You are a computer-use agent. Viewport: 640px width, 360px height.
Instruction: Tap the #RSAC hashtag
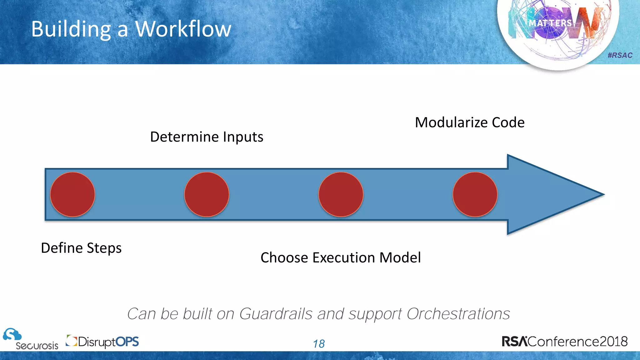click(620, 55)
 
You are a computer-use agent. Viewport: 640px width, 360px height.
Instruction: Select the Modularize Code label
click(469, 122)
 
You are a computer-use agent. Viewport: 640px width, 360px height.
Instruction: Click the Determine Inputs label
click(207, 137)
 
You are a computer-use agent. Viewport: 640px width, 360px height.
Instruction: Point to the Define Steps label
click(81, 248)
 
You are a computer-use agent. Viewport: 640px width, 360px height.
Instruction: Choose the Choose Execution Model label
click(341, 258)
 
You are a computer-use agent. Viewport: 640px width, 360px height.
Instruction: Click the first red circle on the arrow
click(72, 194)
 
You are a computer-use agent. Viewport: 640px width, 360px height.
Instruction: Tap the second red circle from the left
click(207, 194)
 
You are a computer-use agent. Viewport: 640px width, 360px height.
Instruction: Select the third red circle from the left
click(341, 194)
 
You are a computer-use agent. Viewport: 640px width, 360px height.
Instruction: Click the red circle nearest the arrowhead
click(475, 194)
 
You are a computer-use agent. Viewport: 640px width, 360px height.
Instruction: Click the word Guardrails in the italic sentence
click(276, 314)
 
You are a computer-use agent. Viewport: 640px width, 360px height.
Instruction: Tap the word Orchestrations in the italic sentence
click(458, 314)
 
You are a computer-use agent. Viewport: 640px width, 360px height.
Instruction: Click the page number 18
click(319, 344)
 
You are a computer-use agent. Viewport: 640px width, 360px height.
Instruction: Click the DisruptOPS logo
click(102, 342)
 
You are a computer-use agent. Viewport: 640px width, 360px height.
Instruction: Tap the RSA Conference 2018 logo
click(564, 341)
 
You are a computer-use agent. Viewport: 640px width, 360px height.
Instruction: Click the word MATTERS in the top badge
click(550, 23)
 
